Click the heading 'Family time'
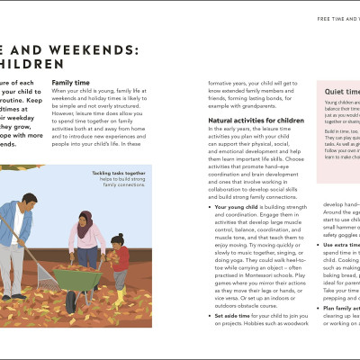click(70, 82)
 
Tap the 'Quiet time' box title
click(341, 91)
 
